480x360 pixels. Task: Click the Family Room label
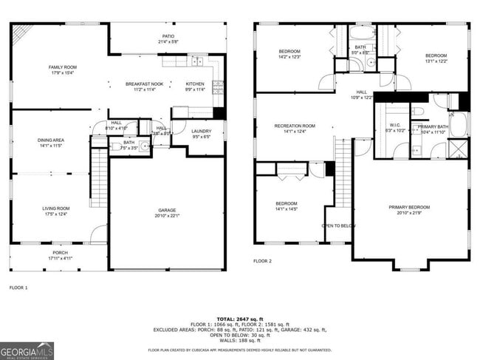(63, 69)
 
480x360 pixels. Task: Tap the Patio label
(168, 38)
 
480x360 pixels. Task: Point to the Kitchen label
(195, 86)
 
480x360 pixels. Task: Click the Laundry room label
(202, 134)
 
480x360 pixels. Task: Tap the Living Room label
(55, 211)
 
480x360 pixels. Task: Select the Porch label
(60, 255)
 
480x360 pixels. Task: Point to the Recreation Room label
(295, 129)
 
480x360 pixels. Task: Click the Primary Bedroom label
(409, 210)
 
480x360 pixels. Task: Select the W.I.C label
(394, 127)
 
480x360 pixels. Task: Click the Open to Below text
(338, 225)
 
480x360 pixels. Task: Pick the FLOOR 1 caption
(18, 287)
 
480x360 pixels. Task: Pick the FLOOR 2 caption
(262, 261)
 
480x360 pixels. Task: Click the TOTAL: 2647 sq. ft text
(240, 316)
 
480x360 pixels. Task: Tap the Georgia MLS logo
(27, 350)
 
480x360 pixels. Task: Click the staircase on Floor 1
(99, 177)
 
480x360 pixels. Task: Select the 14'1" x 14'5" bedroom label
(287, 206)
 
